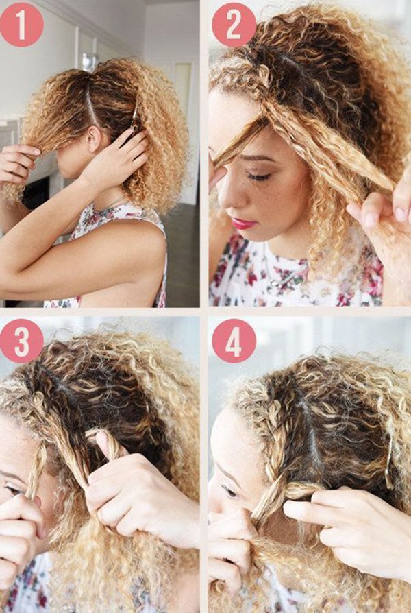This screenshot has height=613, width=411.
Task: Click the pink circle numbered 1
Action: click(21, 25)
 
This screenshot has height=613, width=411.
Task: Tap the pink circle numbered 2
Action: click(234, 25)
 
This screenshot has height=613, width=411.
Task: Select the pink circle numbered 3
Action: click(21, 341)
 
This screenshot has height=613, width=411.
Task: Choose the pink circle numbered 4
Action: click(234, 341)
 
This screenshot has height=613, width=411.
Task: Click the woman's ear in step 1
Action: click(93, 138)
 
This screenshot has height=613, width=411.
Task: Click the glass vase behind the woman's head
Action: click(89, 60)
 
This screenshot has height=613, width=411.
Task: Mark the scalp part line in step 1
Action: click(90, 106)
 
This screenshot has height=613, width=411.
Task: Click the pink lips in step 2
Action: click(243, 224)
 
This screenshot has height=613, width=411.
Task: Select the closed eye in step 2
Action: click(259, 177)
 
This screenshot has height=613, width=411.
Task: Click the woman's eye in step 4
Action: click(229, 492)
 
